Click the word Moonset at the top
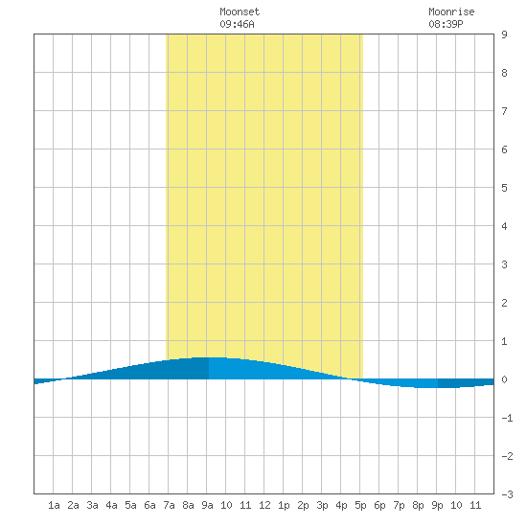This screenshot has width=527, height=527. click(x=240, y=11)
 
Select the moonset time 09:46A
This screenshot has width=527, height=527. click(x=238, y=24)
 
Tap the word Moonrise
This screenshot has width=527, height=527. click(x=451, y=11)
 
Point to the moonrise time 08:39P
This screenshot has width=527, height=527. click(x=446, y=24)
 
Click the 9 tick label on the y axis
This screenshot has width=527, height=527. click(x=504, y=34)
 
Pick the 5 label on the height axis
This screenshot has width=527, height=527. click(x=504, y=188)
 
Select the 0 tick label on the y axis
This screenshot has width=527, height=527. click(x=504, y=379)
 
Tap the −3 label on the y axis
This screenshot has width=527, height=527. click(x=507, y=494)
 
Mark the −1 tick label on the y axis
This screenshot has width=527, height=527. click(x=507, y=418)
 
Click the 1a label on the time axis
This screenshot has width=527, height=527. click(x=54, y=505)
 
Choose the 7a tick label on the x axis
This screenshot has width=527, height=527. click(x=169, y=505)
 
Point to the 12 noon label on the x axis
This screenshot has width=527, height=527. click(x=264, y=505)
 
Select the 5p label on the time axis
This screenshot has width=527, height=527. click(x=360, y=505)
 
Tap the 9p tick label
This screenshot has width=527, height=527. click(x=437, y=505)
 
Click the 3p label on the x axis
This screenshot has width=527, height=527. click(x=322, y=505)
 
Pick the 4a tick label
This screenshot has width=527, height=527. click(x=111, y=505)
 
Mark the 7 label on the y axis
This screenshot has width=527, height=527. click(x=504, y=111)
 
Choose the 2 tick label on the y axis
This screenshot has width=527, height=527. click(x=504, y=303)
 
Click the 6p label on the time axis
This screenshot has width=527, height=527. click(x=379, y=505)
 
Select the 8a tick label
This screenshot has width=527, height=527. click(x=188, y=505)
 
